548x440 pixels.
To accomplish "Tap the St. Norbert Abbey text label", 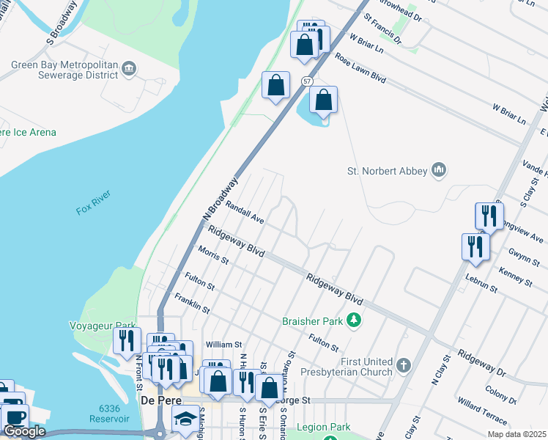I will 387,171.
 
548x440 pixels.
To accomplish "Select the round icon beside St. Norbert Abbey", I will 439,170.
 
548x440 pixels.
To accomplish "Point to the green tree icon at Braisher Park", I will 354,320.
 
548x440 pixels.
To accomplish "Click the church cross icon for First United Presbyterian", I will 403,364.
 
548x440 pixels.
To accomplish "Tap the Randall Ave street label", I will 245,213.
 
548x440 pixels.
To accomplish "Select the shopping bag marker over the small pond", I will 323,100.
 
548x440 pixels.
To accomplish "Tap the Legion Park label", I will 323,427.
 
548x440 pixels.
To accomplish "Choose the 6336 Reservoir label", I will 104,413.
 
